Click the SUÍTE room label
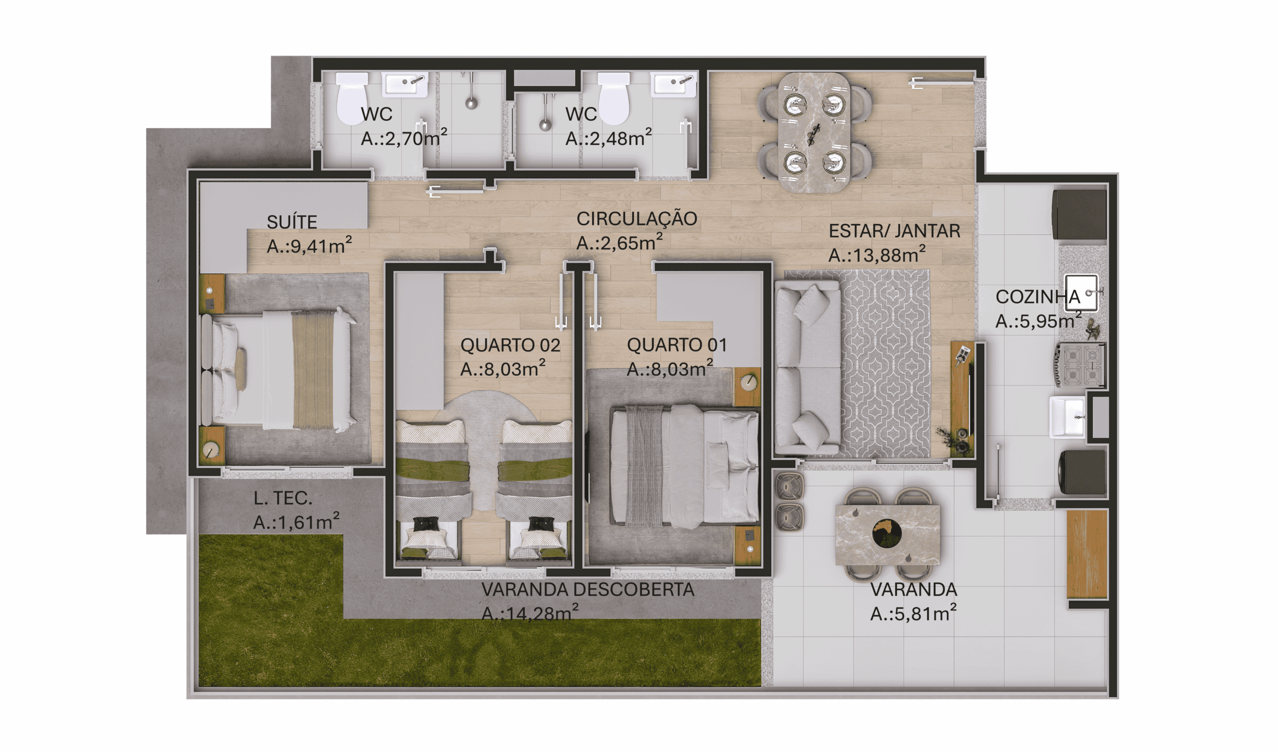click(x=292, y=222)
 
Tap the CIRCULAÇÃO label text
click(x=637, y=219)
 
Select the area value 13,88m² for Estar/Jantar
click(x=876, y=255)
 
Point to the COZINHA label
click(x=1037, y=297)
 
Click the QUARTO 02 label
click(x=510, y=346)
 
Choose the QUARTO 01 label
click(x=677, y=345)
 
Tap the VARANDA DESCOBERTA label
click(x=588, y=590)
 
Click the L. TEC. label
click(x=283, y=498)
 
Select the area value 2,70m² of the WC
click(x=404, y=138)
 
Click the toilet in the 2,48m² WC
click(x=614, y=98)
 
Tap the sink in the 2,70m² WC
click(x=404, y=84)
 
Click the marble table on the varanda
click(x=888, y=535)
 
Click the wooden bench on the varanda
click(x=1087, y=554)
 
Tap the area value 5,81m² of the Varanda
click(x=914, y=615)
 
